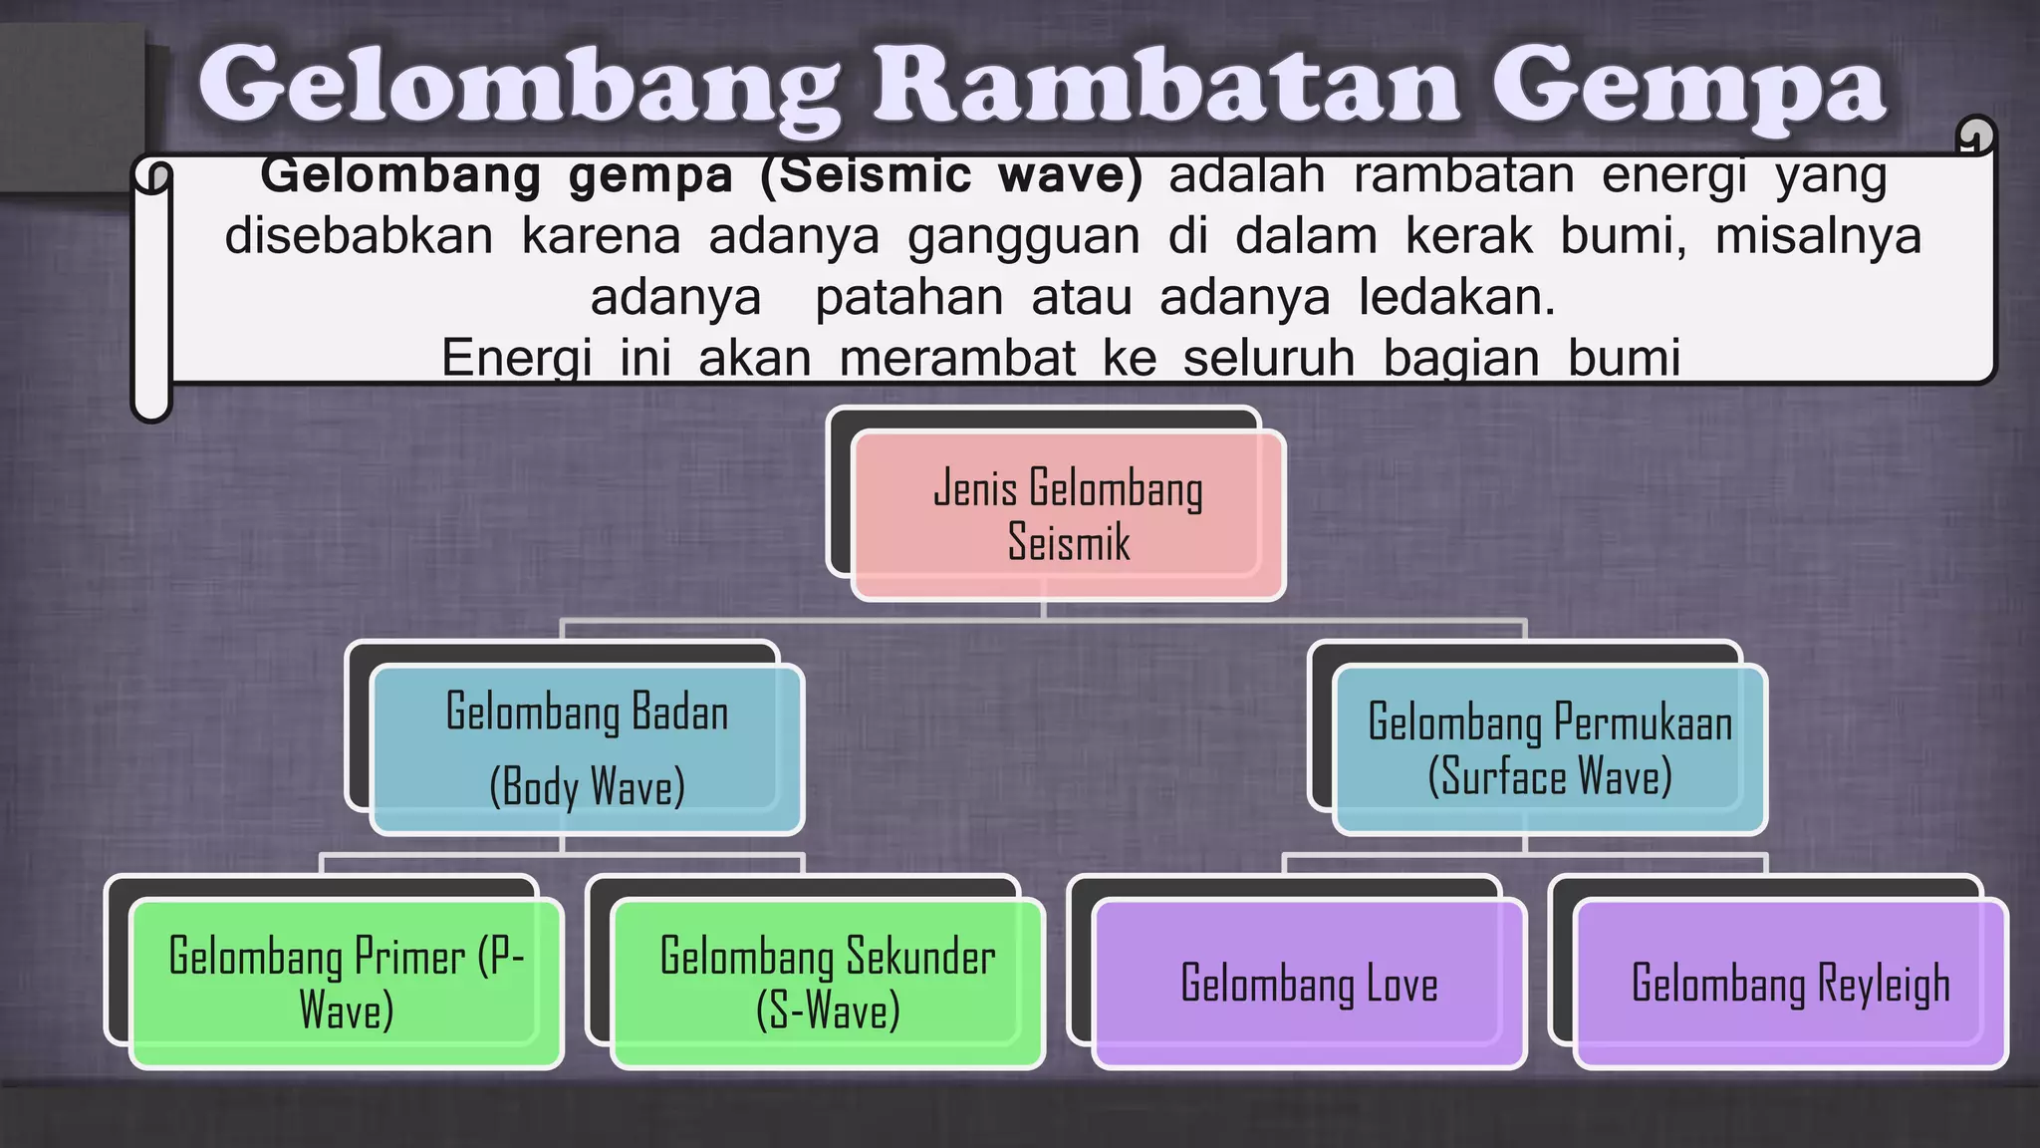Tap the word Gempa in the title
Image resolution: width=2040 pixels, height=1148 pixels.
[1687, 88]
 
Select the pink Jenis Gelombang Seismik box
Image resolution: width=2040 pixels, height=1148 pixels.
[1068, 515]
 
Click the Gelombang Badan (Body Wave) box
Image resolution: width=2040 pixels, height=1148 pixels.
[587, 749]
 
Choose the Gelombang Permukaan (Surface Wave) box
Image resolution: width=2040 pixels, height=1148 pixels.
[1549, 749]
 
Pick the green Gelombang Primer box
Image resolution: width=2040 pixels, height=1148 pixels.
[346, 983]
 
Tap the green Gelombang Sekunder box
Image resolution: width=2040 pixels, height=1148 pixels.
[827, 983]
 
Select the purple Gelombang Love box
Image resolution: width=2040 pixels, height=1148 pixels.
[1309, 983]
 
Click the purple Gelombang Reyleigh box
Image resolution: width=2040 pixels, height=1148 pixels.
[1790, 983]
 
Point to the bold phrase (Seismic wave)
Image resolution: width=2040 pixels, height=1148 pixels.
[951, 176]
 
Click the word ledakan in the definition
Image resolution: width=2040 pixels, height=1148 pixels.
[1456, 298]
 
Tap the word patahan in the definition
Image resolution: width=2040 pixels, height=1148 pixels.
[908, 298]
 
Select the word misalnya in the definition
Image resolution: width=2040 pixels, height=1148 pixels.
[1818, 237]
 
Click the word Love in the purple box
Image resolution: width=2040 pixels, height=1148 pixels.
[1402, 984]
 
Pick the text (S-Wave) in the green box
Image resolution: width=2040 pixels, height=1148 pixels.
[828, 1010]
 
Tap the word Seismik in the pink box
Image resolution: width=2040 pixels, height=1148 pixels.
[1069, 543]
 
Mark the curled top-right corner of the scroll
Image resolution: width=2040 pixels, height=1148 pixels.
[1975, 136]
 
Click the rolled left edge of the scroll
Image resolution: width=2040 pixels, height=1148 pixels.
[152, 289]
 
